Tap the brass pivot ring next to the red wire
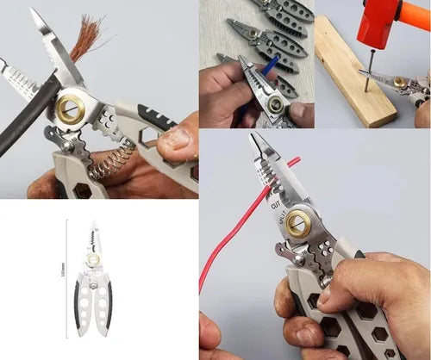tap(299, 220)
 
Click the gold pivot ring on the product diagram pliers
tap(93, 258)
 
